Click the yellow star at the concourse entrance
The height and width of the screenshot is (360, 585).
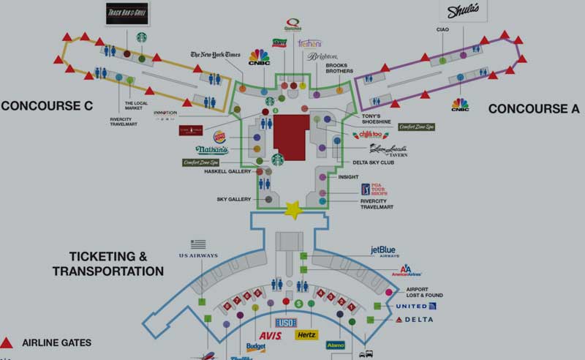293,211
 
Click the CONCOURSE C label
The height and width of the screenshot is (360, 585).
47,105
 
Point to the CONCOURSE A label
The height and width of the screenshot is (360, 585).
534,108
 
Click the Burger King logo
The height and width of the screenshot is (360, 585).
219,136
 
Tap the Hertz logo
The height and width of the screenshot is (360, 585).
307,334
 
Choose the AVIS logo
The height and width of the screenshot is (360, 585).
271,335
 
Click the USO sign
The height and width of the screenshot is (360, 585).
285,322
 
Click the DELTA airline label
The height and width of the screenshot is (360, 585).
415,320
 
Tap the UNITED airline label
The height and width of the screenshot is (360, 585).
415,306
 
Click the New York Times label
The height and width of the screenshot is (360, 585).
215,54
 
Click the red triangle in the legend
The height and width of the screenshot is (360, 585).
7,342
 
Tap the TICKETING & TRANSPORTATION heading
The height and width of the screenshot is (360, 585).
108,263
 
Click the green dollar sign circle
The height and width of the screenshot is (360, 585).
298,303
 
